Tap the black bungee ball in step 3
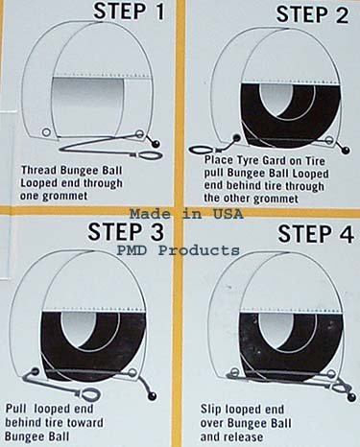(151, 369)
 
